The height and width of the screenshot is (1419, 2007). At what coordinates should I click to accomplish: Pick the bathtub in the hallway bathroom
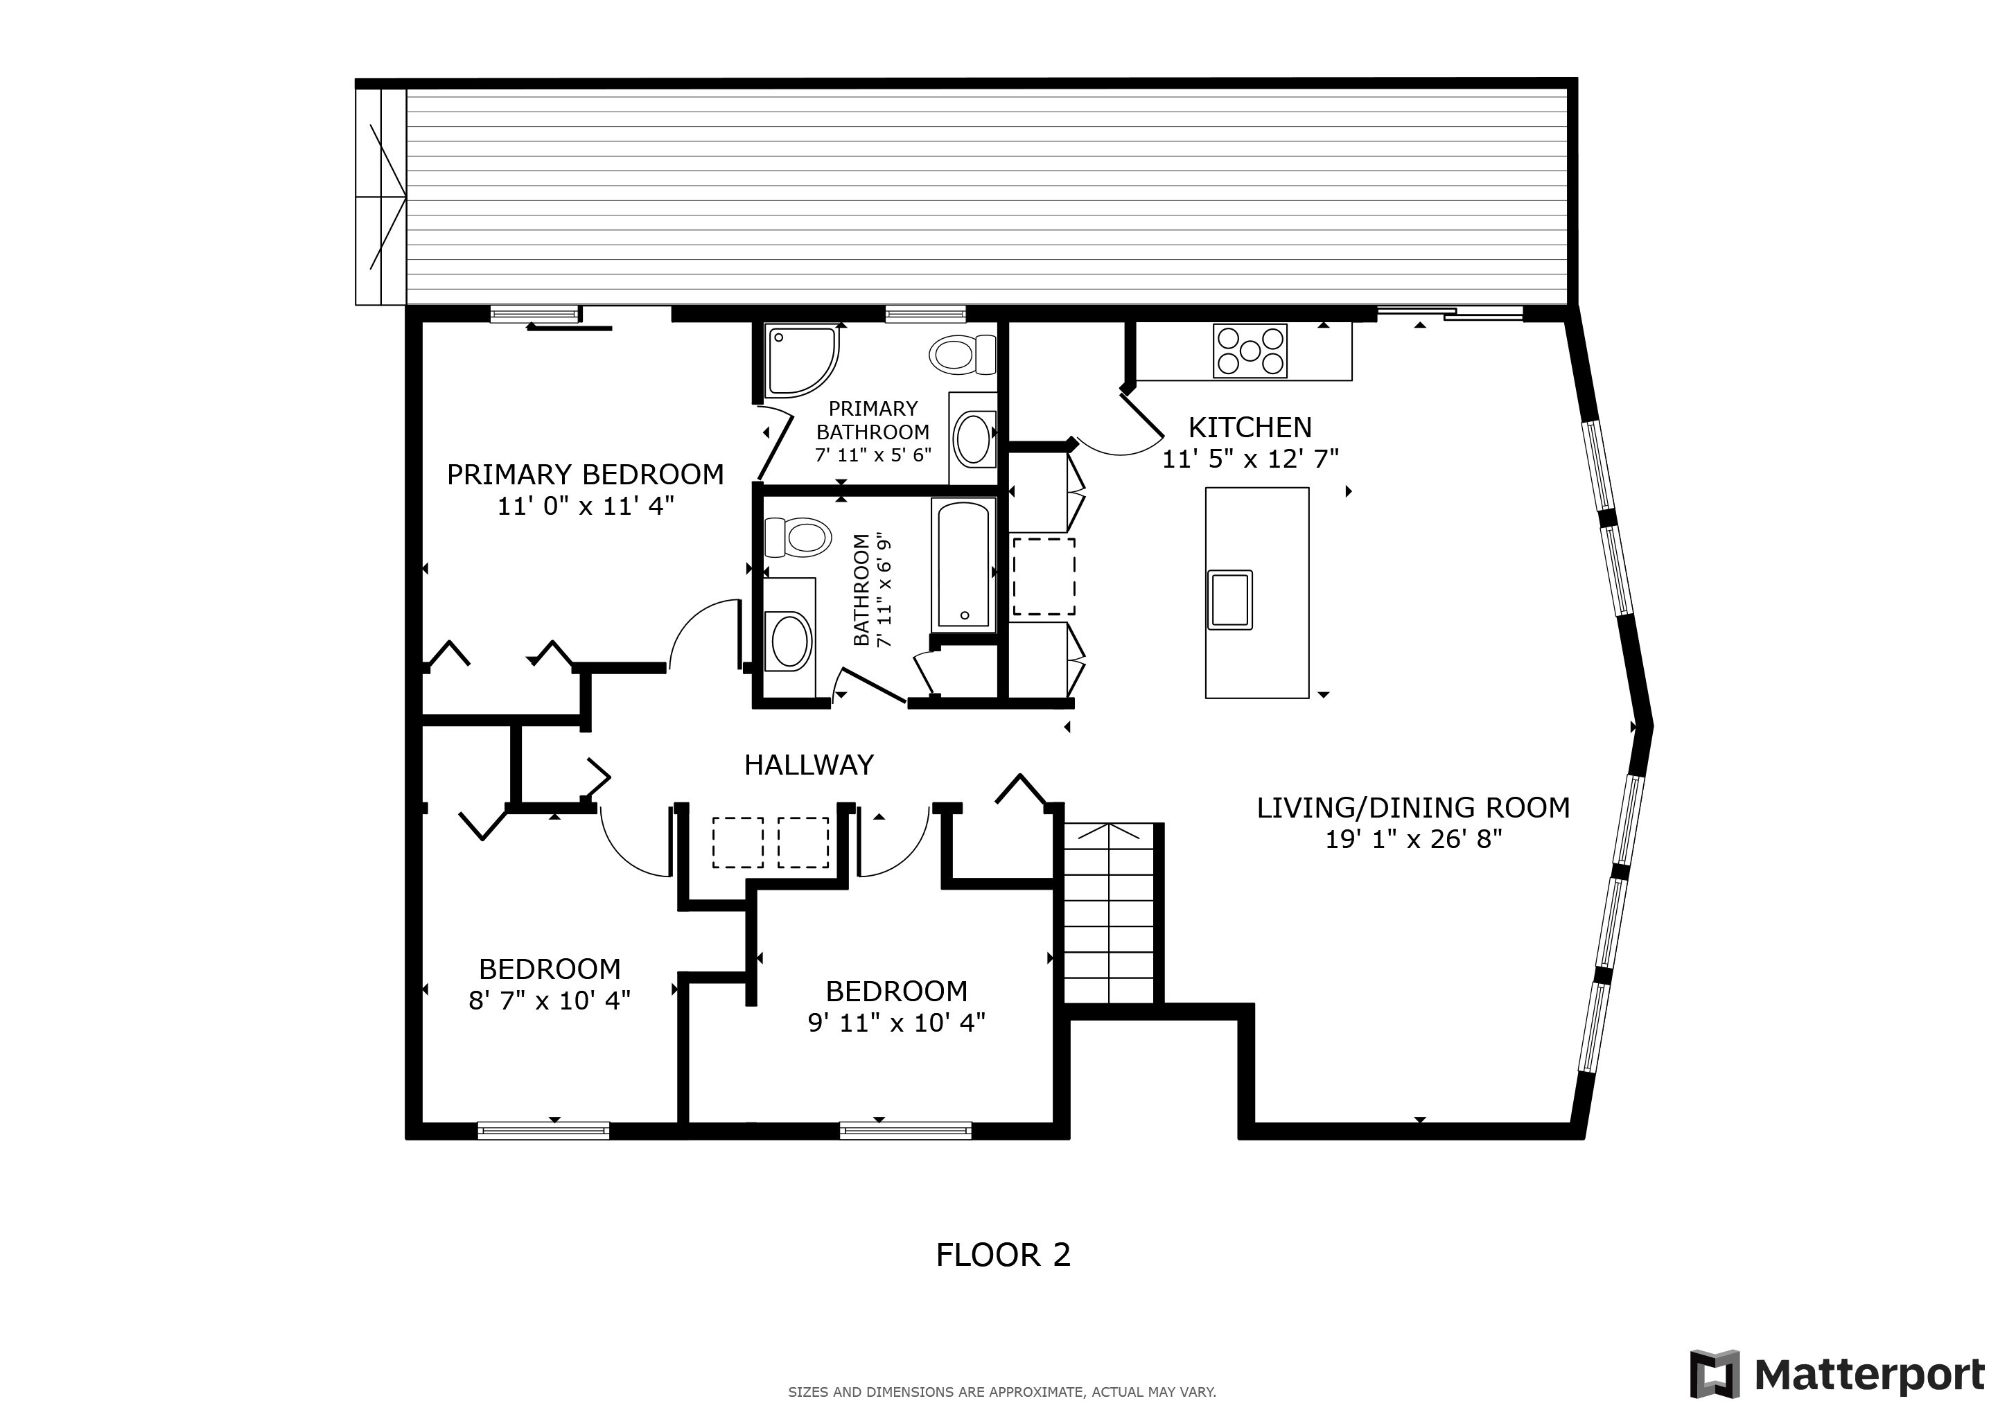click(963, 563)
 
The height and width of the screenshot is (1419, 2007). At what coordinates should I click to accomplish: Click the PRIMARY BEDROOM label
click(585, 475)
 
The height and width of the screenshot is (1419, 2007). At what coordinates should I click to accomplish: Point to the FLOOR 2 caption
click(1003, 1255)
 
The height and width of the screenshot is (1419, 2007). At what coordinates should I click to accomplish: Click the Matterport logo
click(1837, 1375)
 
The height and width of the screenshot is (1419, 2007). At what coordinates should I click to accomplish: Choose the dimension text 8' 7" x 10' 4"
click(549, 1000)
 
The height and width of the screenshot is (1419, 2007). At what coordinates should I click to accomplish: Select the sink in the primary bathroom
click(973, 439)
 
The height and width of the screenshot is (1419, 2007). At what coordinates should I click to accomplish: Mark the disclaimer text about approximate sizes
click(1001, 1392)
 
